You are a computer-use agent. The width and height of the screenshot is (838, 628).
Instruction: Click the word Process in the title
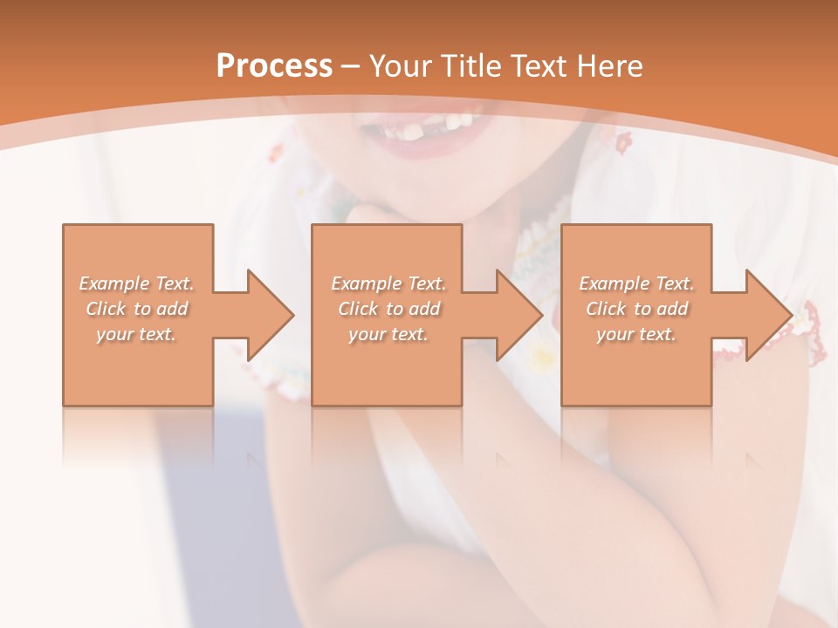point(274,65)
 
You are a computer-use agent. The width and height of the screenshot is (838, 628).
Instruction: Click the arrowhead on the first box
point(267,315)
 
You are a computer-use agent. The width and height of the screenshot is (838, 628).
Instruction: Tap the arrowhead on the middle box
point(516,315)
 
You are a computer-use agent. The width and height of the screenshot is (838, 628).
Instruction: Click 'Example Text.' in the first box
point(136,283)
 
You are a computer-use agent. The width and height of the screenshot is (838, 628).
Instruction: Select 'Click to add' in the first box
point(137,309)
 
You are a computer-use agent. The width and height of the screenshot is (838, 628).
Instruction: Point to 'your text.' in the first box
point(136,334)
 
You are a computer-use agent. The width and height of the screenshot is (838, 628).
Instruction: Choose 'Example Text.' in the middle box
point(388,283)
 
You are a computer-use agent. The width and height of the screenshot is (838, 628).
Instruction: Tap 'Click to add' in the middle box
point(388,309)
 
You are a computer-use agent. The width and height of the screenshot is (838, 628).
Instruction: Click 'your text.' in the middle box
point(388,334)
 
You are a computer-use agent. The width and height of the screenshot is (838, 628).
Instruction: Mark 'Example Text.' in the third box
point(636,283)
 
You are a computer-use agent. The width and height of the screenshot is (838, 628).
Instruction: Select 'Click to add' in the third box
point(637,309)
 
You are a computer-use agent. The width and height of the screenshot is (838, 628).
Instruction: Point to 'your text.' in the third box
point(636,334)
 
